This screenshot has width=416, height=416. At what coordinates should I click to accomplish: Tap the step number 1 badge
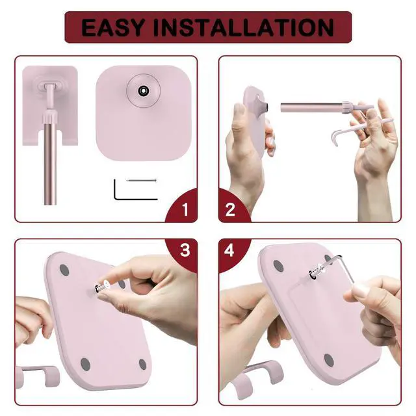coord(185,210)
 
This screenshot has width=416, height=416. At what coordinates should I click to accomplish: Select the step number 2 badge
coord(230,210)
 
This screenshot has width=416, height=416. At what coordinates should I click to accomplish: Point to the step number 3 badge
coord(185,250)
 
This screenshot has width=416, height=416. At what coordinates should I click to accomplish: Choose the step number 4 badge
coord(230,250)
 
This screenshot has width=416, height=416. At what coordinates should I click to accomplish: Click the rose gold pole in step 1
coord(49,162)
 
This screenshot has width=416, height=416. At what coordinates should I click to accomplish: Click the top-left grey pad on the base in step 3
coord(64,269)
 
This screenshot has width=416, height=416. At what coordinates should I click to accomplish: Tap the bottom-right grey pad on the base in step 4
coord(329,359)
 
